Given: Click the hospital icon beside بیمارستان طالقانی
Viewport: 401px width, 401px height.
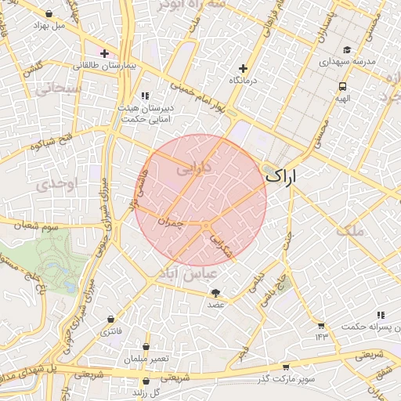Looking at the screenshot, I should [x=104, y=53].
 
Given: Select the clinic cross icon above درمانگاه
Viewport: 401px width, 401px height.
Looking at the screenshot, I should [x=243, y=68].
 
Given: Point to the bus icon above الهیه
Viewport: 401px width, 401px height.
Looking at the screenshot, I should [x=342, y=87].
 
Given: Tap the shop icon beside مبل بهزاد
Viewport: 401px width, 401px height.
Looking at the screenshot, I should [x=49, y=13].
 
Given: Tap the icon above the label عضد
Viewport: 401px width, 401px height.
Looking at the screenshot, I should [x=215, y=292].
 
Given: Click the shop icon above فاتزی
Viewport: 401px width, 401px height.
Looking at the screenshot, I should [x=110, y=320].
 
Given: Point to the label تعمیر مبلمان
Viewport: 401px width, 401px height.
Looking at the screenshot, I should [x=146, y=358].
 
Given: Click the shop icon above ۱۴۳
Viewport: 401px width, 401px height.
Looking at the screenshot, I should [x=320, y=325].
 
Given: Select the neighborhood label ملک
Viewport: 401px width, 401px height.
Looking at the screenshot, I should [x=349, y=231].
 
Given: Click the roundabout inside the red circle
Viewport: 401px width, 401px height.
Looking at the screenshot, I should [x=206, y=226].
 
